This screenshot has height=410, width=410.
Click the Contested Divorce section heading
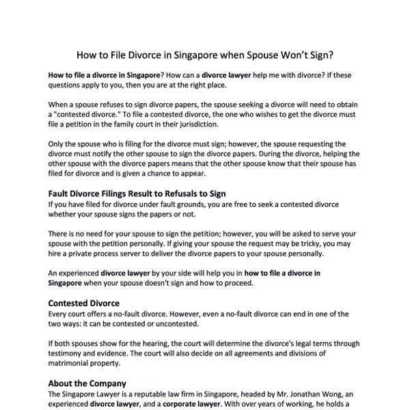coord(84,303)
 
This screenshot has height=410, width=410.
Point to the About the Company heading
coord(87,383)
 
